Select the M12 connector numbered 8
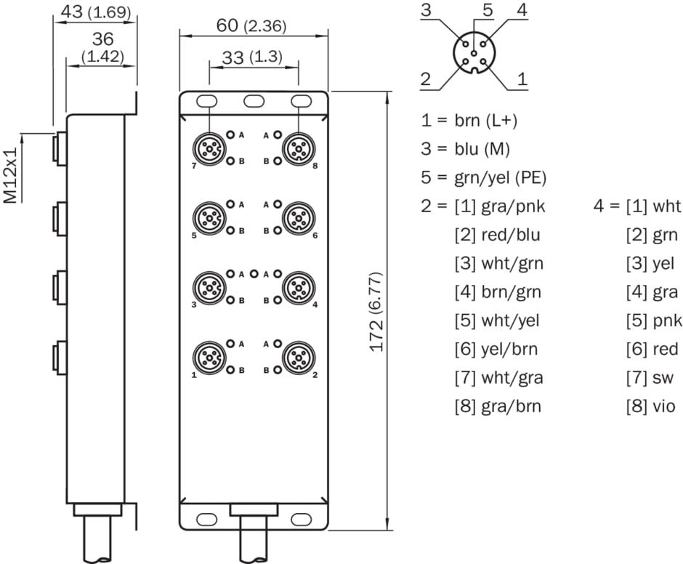coord(297,149)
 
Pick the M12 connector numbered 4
coord(297,287)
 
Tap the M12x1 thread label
coord(12,177)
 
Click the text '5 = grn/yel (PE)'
coord(483,177)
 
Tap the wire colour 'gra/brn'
coord(512,406)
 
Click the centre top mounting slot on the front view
coord(254,100)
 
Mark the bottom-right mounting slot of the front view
coord(299,519)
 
